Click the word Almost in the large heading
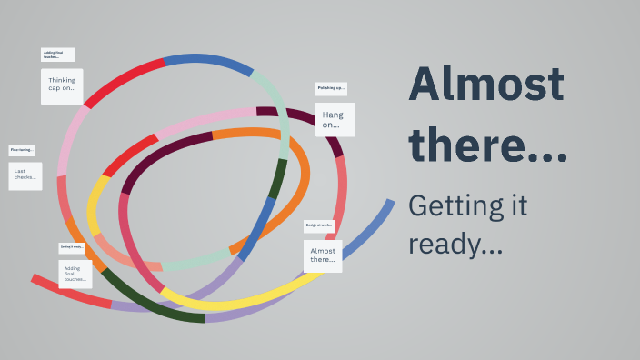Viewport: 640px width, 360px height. coord(486,86)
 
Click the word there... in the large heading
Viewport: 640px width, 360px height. coord(487,146)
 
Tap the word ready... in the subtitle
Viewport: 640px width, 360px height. coord(455,244)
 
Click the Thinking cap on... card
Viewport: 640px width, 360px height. coord(62,85)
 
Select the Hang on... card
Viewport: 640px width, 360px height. coord(335,119)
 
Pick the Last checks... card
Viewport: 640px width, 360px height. coord(25,175)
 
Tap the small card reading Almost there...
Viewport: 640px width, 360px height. coord(323,255)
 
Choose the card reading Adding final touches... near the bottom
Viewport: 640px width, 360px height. coord(75,274)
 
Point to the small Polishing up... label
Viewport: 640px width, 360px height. coord(331,89)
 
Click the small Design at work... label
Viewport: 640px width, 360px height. coord(319,225)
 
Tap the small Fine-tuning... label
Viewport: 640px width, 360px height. coord(23,150)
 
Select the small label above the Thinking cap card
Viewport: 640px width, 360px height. coord(58,55)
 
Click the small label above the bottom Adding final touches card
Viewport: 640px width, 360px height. coord(72,247)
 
